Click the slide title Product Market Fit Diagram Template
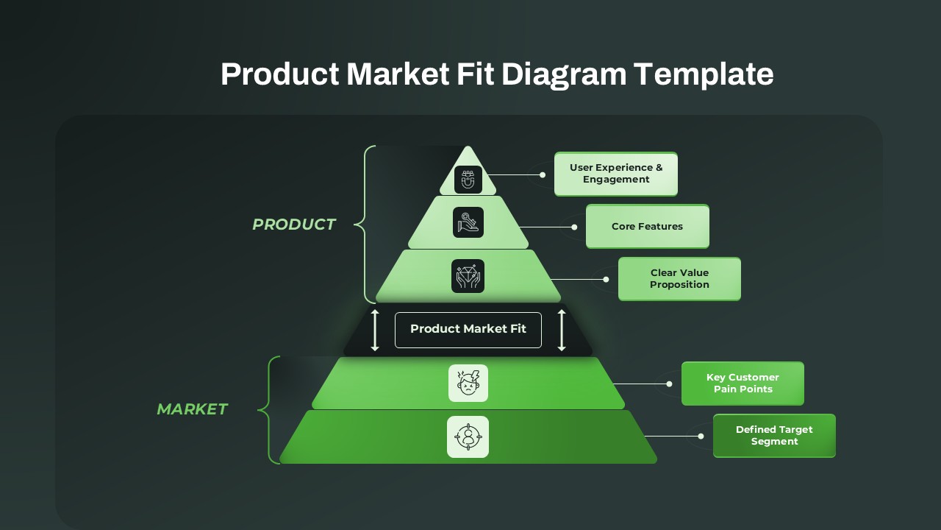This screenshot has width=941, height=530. [x=497, y=74]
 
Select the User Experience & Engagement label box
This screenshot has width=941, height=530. [x=616, y=174]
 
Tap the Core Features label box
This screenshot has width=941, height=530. [x=648, y=226]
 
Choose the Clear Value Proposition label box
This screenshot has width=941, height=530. [x=679, y=278]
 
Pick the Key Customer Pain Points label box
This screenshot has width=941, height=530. [x=743, y=383]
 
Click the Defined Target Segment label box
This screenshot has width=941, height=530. [x=774, y=435]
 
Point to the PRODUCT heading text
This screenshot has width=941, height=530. [x=294, y=225]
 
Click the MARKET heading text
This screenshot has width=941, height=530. [x=192, y=409]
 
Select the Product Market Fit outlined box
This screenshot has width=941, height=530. [x=468, y=330]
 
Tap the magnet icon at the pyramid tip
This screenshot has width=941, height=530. [x=468, y=179]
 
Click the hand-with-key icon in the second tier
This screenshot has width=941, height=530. [x=468, y=222]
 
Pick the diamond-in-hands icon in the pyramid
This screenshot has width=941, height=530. [x=468, y=276]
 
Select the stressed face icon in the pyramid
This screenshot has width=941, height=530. [x=468, y=383]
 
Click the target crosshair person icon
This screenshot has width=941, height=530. [x=468, y=437]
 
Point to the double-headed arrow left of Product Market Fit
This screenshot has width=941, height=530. [x=375, y=330]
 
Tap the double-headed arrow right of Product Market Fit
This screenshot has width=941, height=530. [x=562, y=330]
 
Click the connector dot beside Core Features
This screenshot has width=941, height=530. [x=574, y=227]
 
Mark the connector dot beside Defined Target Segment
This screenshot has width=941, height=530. [x=701, y=436]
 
